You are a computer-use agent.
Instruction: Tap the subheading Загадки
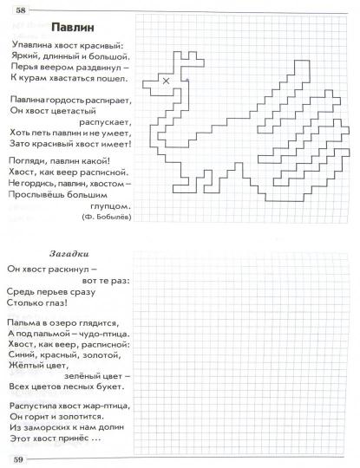coord(68,252)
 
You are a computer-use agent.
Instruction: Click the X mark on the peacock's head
coord(166,81)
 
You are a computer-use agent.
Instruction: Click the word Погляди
coord(25,159)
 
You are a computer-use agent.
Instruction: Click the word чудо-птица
coord(99,333)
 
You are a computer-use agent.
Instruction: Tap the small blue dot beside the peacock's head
coord(186,81)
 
